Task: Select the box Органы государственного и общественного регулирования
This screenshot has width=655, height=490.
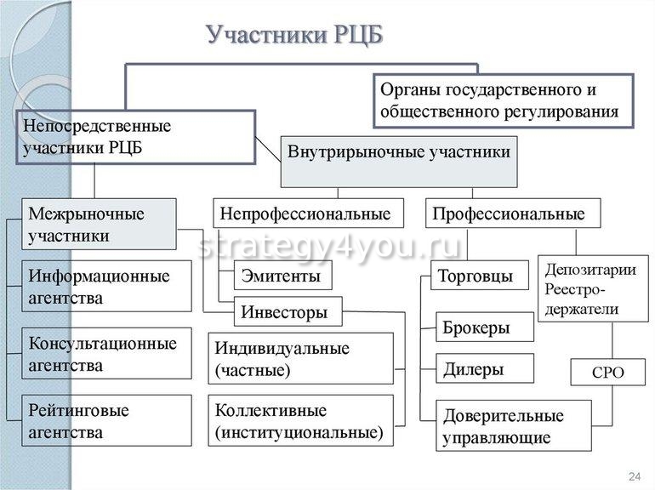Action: pyautogui.click(x=504, y=100)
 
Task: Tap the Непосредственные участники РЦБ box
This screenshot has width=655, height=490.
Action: pyautogui.click(x=136, y=137)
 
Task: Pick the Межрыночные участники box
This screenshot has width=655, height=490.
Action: pyautogui.click(x=99, y=225)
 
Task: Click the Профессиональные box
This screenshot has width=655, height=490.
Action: pyautogui.click(x=513, y=214)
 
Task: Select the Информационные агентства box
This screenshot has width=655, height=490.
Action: pyautogui.click(x=106, y=287)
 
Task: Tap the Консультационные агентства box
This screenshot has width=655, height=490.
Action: pyautogui.click(x=106, y=354)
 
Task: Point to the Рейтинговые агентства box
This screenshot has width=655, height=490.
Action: pyautogui.click(x=106, y=421)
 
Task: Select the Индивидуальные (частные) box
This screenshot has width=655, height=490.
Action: pyautogui.click(x=300, y=358)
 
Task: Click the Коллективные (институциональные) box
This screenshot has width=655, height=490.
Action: pyautogui.click(x=300, y=420)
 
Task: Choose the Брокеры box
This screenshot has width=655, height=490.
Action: pyautogui.click(x=485, y=327)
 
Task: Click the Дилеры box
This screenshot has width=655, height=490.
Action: pyautogui.click(x=485, y=368)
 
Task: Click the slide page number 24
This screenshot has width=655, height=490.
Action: pyautogui.click(x=633, y=475)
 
